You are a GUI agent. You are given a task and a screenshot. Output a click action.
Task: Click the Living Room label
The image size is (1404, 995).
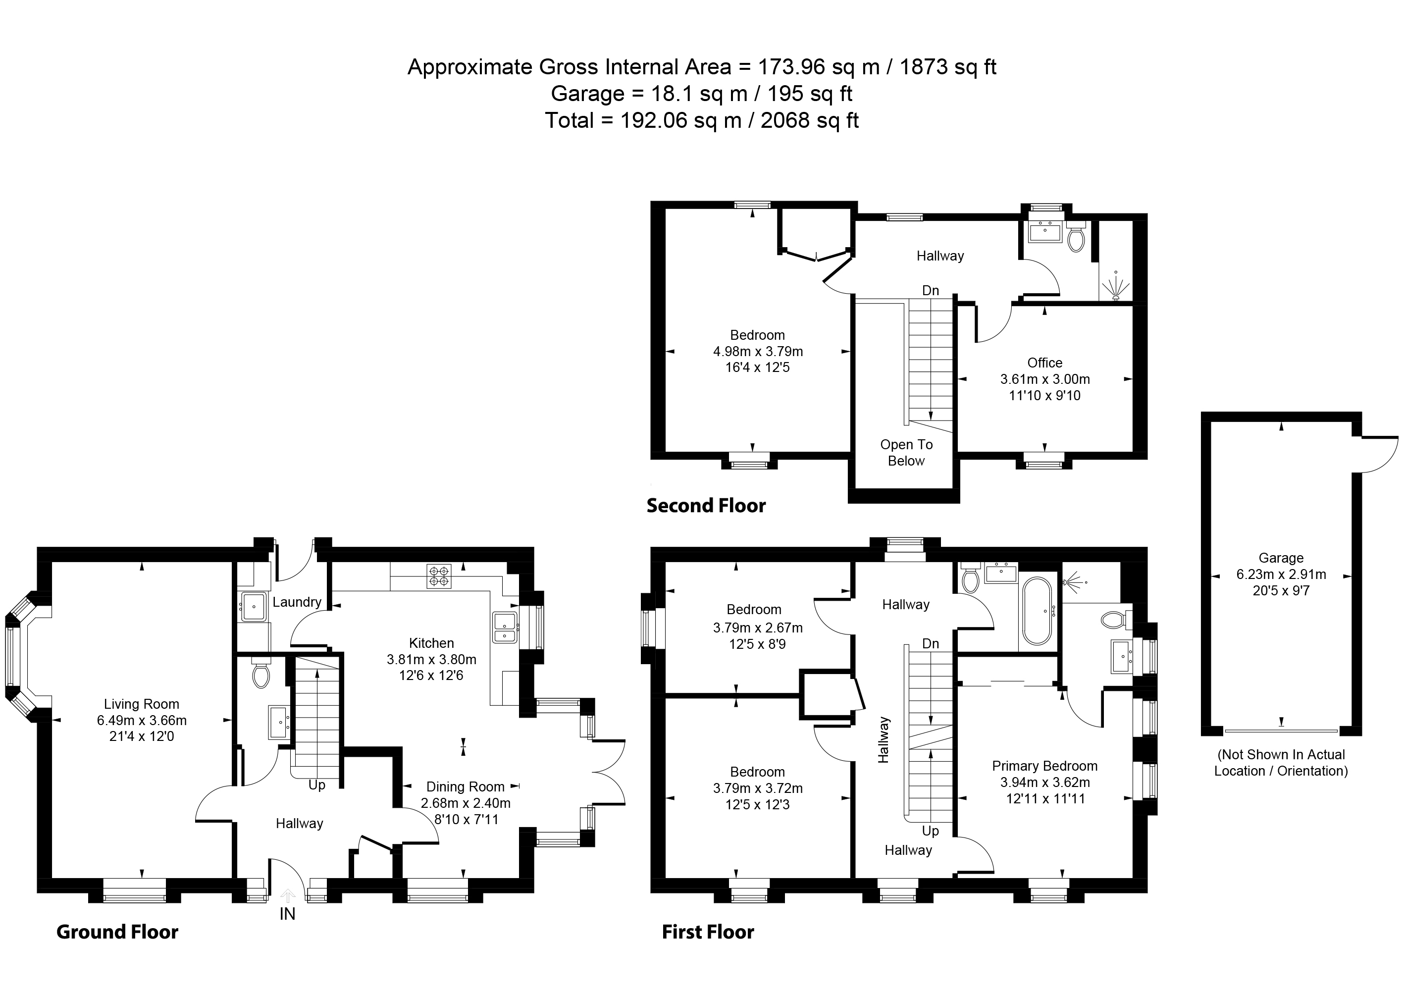click(142, 704)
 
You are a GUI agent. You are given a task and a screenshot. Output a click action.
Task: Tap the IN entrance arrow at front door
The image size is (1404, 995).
click(287, 896)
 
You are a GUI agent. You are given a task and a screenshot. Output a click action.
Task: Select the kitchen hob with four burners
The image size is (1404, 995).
click(439, 576)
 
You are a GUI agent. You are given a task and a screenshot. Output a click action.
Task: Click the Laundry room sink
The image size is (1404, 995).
click(253, 607)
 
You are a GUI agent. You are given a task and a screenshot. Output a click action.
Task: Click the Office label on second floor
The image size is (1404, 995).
click(1044, 363)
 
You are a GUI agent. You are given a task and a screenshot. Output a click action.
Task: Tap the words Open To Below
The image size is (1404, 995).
click(907, 453)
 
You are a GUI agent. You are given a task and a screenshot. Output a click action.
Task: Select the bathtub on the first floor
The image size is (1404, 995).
click(1037, 610)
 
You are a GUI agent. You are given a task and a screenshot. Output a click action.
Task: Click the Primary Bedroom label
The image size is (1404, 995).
click(1044, 766)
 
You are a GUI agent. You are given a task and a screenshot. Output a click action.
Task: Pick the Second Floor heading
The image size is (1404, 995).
click(706, 506)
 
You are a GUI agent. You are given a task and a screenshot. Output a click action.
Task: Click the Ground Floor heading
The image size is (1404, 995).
click(117, 932)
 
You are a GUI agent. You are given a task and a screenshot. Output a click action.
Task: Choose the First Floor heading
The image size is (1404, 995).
click(708, 932)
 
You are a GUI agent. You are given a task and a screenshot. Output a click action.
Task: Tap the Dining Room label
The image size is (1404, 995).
click(466, 786)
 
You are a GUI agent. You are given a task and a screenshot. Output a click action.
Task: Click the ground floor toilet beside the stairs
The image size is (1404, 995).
click(261, 675)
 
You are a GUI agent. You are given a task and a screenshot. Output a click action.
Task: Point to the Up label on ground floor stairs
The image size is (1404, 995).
click(316, 785)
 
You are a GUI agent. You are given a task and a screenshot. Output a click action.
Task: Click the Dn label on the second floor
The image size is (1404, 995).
click(931, 290)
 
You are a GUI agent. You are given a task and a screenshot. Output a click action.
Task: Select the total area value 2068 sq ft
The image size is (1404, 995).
click(809, 120)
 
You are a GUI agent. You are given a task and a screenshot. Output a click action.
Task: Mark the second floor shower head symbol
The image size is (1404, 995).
click(1115, 287)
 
